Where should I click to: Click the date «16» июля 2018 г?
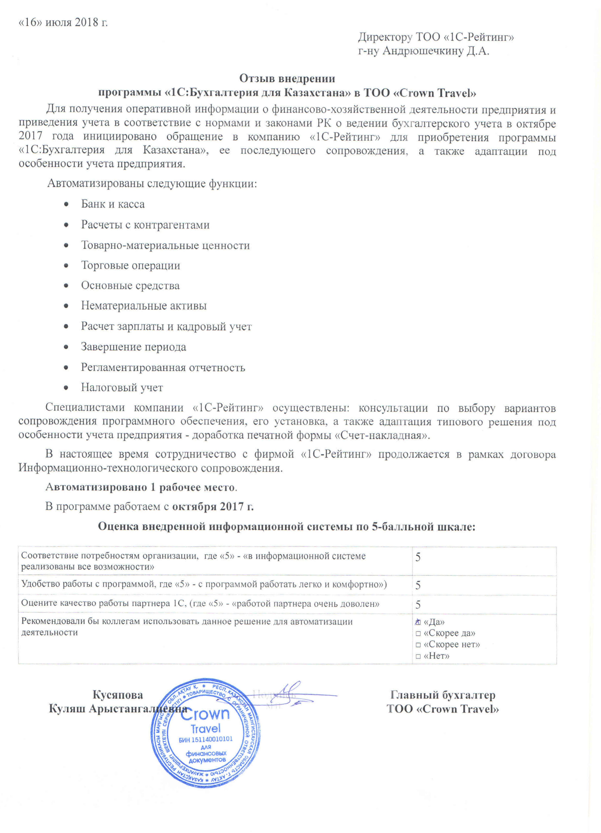pyautogui.click(x=63, y=22)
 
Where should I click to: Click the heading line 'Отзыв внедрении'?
pyautogui.click(x=287, y=79)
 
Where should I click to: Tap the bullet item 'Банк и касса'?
pyautogui.click(x=113, y=204)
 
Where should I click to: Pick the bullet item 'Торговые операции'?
pyautogui.click(x=130, y=266)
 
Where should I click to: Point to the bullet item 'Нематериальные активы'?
pyautogui.click(x=144, y=306)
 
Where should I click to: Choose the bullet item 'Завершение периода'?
pyautogui.click(x=133, y=347)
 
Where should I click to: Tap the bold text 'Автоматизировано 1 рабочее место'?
pyautogui.click(x=140, y=487)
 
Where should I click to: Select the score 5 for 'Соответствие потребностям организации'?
pyautogui.click(x=418, y=557)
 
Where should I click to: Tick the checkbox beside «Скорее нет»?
pyautogui.click(x=418, y=645)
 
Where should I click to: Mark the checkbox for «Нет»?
pyautogui.click(x=418, y=656)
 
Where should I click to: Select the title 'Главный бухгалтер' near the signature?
pyautogui.click(x=443, y=695)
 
